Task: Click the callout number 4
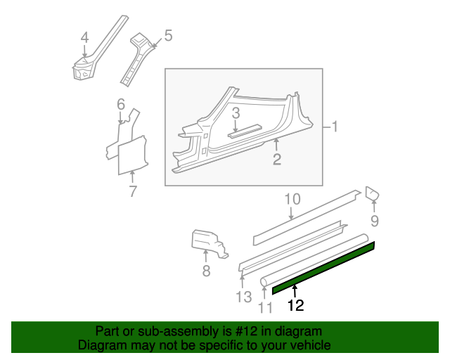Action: tap(84, 37)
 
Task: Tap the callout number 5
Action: tap(168, 36)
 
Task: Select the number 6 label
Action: tap(121, 104)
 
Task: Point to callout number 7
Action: tap(132, 191)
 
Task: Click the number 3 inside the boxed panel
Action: tap(236, 113)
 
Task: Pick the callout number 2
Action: tap(276, 160)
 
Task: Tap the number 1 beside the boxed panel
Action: tap(335, 127)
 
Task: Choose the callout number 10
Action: tap(292, 199)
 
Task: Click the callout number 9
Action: tap(375, 221)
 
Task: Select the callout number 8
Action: tap(206, 271)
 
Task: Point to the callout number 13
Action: tap(244, 297)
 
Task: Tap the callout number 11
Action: tap(265, 308)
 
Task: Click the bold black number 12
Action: tap(295, 305)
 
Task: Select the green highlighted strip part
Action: tap(323, 268)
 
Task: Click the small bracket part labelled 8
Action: tap(210, 243)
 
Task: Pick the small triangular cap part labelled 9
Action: tap(372, 193)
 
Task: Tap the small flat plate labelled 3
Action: tap(245, 131)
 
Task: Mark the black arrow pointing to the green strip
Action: tap(295, 291)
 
